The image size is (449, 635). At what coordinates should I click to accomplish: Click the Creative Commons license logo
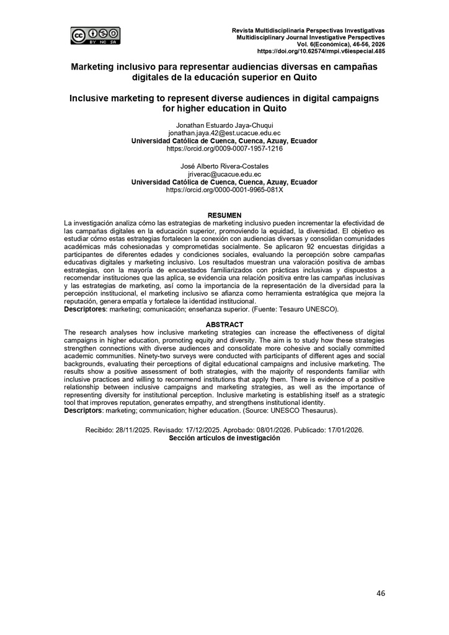tap(95, 35)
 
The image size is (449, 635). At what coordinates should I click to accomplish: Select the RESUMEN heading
tap(225, 215)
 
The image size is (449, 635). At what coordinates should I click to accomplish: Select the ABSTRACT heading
tap(225, 325)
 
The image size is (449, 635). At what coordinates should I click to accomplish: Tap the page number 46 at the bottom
tap(381, 593)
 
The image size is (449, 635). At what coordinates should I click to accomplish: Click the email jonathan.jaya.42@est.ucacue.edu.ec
tap(225, 133)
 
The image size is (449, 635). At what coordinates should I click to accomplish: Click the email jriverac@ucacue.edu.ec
tap(225, 175)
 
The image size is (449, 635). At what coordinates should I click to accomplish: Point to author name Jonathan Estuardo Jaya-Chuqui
tap(225, 125)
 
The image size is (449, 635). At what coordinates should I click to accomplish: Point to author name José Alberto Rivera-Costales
tap(225, 167)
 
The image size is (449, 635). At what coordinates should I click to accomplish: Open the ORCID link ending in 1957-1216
tap(225, 149)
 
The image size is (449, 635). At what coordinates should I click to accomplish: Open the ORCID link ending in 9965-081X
tap(225, 190)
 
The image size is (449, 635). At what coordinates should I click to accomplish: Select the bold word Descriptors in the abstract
tap(83, 411)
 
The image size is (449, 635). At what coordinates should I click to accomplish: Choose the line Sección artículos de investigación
tap(225, 437)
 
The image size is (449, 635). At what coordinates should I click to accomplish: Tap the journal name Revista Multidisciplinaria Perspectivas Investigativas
tap(308, 30)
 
